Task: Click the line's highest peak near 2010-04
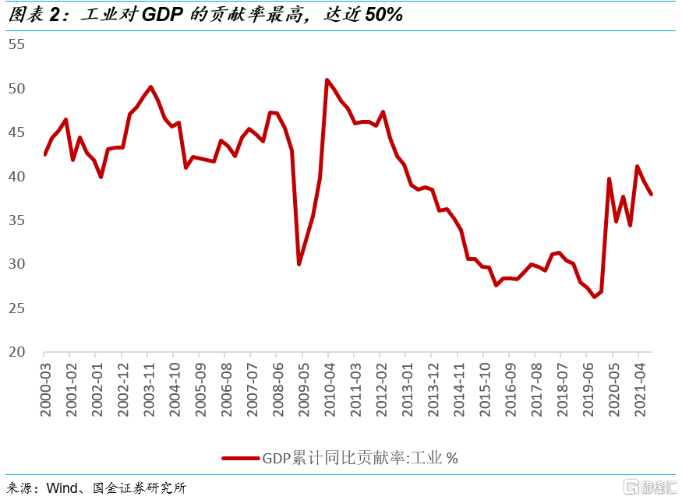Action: tap(327, 79)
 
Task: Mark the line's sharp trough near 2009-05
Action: tap(299, 265)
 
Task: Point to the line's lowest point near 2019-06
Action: tap(594, 297)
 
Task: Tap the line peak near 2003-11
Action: tap(150, 86)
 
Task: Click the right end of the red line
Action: tap(652, 194)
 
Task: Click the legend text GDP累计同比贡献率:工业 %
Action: tap(359, 459)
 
